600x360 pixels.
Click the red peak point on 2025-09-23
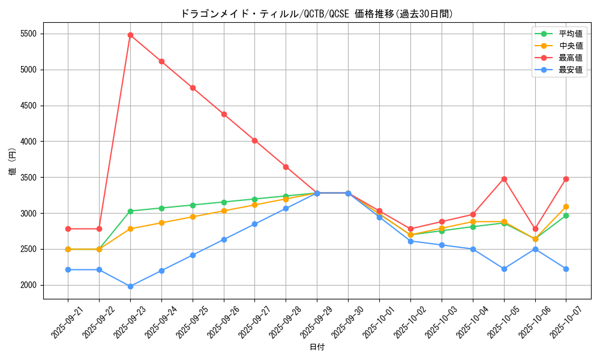coord(130,35)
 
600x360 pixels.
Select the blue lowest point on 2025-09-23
coord(130,286)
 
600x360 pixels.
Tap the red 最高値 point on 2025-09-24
coord(161,61)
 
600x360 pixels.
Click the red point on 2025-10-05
coord(504,179)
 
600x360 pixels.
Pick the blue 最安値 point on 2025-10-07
coord(566,269)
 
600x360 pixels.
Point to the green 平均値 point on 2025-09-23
coord(130,211)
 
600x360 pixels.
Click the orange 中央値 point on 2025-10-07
coord(566,206)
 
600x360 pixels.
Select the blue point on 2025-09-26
coord(224,239)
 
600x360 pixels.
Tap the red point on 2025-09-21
coord(68,229)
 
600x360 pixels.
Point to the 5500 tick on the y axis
coord(28,34)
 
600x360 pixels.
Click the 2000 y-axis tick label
coord(28,285)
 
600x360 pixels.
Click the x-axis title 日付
coord(317,347)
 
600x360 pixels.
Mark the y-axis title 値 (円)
coord(13,163)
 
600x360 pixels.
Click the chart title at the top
coord(317,14)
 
